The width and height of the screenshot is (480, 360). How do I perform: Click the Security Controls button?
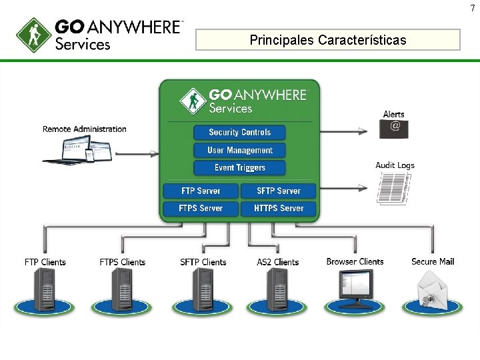click(239, 133)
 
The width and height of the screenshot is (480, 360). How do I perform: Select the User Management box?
click(239, 151)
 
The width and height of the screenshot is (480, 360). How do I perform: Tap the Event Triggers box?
click(239, 168)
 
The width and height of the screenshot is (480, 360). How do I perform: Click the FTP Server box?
click(201, 191)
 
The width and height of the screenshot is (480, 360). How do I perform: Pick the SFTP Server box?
click(279, 191)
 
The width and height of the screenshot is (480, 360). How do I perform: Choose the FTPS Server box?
click(201, 209)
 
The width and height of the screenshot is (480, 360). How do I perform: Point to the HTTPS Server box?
click(279, 209)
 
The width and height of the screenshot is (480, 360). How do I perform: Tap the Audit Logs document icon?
click(394, 188)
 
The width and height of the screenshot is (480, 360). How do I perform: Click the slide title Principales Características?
click(327, 40)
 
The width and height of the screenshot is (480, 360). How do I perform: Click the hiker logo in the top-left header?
click(33, 34)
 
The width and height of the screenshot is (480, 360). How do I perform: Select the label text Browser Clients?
click(355, 261)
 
